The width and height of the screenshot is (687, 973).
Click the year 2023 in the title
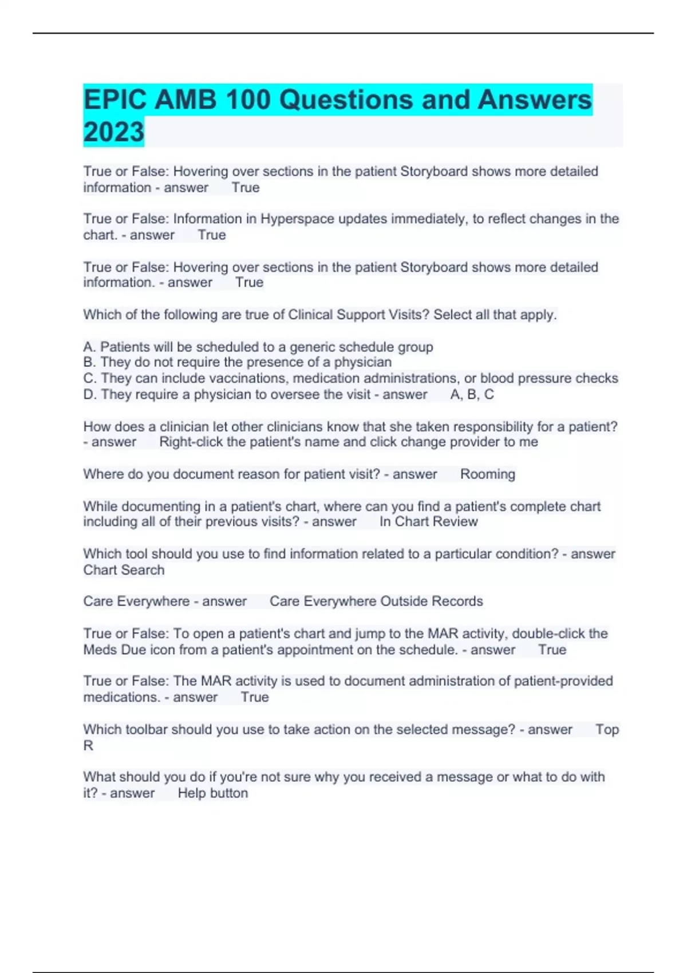(x=113, y=132)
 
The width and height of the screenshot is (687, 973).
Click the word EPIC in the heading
(x=115, y=100)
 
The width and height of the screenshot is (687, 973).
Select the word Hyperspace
(x=298, y=219)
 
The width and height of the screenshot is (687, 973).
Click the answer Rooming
(x=487, y=474)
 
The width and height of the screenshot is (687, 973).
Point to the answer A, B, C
(x=472, y=394)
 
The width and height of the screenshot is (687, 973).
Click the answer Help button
(x=212, y=793)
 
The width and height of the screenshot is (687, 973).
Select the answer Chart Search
(x=124, y=570)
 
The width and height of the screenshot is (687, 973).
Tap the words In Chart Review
(x=428, y=522)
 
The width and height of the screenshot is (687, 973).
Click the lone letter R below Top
(x=88, y=746)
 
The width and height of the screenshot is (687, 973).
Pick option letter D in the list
(x=89, y=394)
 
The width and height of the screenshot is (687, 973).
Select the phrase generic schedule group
(x=361, y=347)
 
